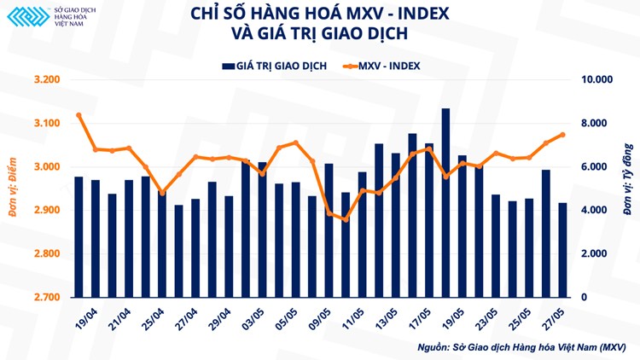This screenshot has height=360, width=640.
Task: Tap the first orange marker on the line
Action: tap(79, 115)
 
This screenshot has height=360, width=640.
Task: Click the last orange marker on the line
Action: tap(562, 134)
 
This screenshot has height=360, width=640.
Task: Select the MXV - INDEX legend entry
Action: tap(381, 66)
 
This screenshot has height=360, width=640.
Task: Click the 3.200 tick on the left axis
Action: tap(47, 80)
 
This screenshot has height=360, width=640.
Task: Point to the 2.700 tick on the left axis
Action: tap(47, 298)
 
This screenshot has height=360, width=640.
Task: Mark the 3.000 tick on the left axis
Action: tap(47, 167)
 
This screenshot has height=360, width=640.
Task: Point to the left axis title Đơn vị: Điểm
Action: tap(15, 188)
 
